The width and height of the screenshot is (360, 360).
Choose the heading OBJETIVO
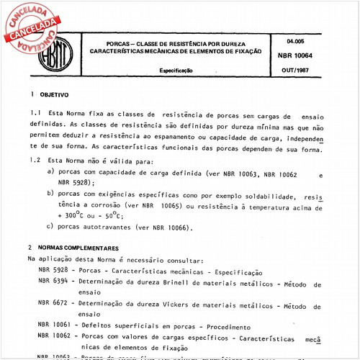click(x=53, y=94)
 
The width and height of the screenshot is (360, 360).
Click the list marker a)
click(x=50, y=171)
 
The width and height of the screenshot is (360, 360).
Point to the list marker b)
click(x=50, y=195)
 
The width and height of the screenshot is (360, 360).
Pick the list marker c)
click(x=50, y=227)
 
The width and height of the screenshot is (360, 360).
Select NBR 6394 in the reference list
click(x=53, y=282)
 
